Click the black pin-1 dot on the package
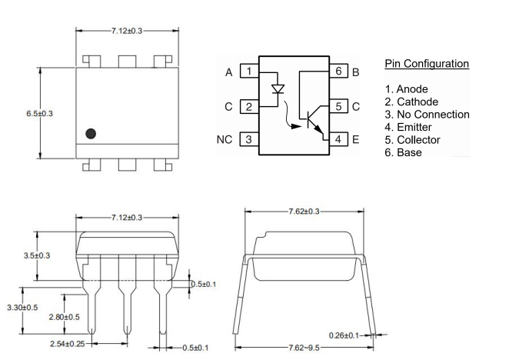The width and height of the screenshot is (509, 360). tap(91, 133)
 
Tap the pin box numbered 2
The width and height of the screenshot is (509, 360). tap(248, 106)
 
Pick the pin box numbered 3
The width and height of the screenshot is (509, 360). tap(248, 139)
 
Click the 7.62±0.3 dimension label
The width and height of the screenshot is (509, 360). tap(304, 211)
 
